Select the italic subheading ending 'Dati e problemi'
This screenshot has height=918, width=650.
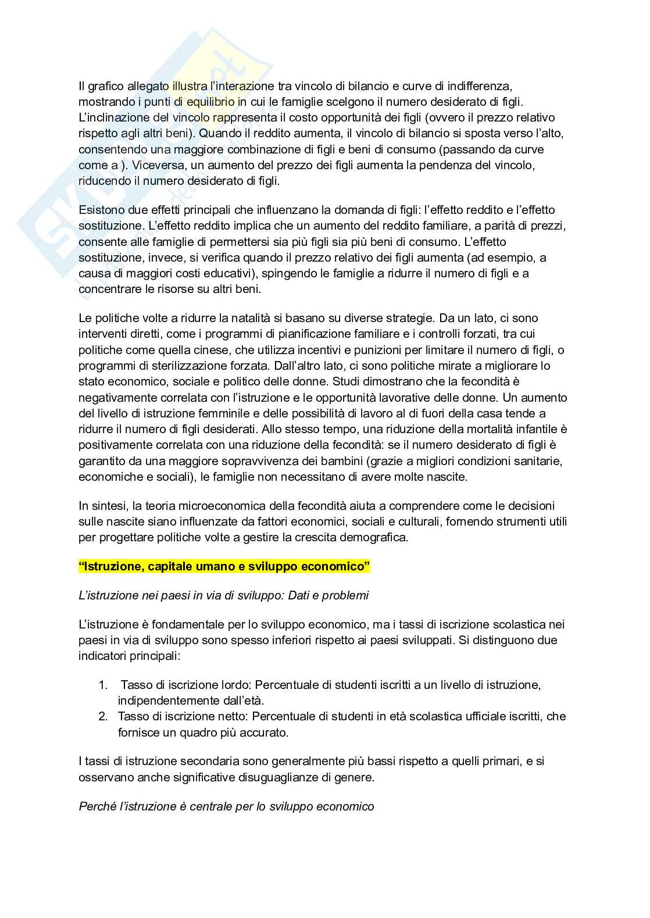224,595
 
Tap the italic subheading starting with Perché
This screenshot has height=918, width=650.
226,806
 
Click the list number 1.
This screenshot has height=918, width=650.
103,685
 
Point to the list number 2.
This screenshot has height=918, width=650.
103,716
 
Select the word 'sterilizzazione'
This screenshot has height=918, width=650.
199,366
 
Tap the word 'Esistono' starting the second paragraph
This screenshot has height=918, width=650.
101,210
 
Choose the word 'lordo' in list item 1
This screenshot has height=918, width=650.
236,685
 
